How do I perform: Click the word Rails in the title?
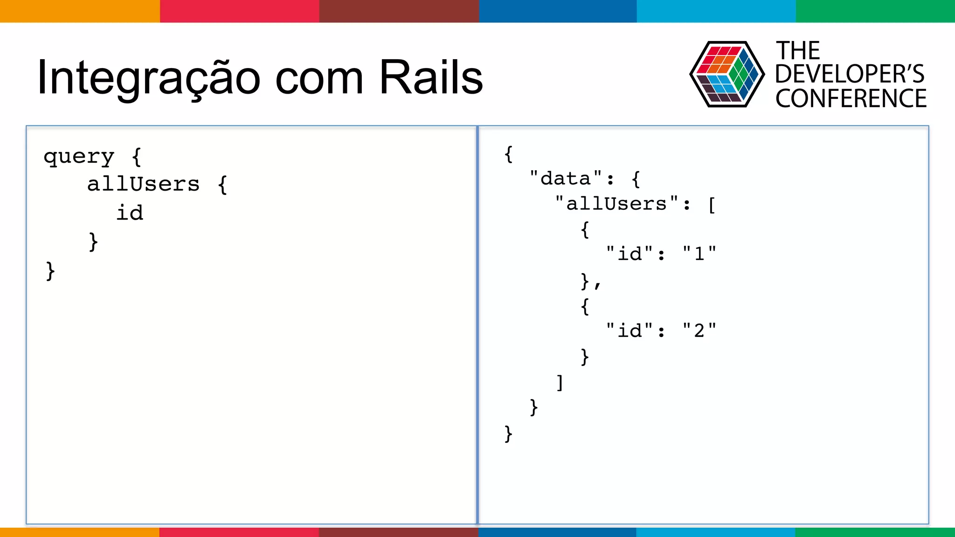pyautogui.click(x=431, y=77)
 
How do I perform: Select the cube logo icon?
pyautogui.click(x=727, y=75)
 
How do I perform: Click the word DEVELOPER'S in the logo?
pyautogui.click(x=850, y=74)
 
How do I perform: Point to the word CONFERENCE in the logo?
pyautogui.click(x=851, y=99)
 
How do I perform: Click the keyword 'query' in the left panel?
pyautogui.click(x=79, y=157)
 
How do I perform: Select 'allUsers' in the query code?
pyautogui.click(x=143, y=184)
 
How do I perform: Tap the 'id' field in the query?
pyautogui.click(x=130, y=213)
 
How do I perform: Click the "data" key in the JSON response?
pyautogui.click(x=566, y=179)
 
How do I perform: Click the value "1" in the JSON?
pyautogui.click(x=699, y=254)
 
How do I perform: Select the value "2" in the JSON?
pyautogui.click(x=699, y=331)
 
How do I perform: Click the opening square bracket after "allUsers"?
pyautogui.click(x=712, y=205)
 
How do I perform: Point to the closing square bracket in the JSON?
pyautogui.click(x=560, y=383)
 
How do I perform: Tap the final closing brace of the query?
pyautogui.click(x=50, y=271)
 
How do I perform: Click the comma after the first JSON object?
pyautogui.click(x=597, y=284)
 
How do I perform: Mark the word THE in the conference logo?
pyautogui.click(x=798, y=50)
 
